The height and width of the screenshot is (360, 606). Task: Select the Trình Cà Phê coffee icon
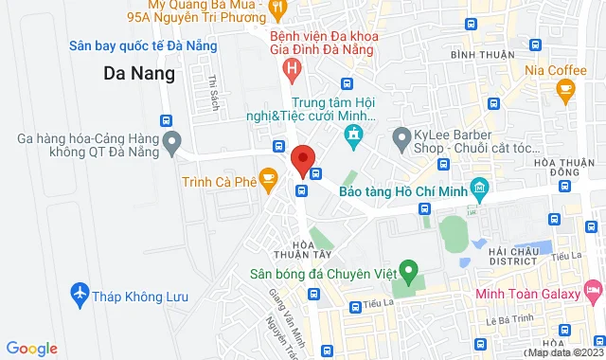(269, 176)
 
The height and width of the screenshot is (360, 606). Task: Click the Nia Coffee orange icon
(566, 90)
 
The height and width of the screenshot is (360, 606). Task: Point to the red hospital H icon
(293, 68)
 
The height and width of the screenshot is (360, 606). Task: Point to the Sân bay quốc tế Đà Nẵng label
(144, 46)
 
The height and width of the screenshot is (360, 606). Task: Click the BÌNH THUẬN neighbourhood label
(474, 56)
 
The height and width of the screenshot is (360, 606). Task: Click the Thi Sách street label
(213, 91)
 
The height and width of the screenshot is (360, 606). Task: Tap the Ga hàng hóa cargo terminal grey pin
(171, 144)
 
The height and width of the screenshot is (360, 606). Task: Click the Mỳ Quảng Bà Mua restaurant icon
(277, 9)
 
